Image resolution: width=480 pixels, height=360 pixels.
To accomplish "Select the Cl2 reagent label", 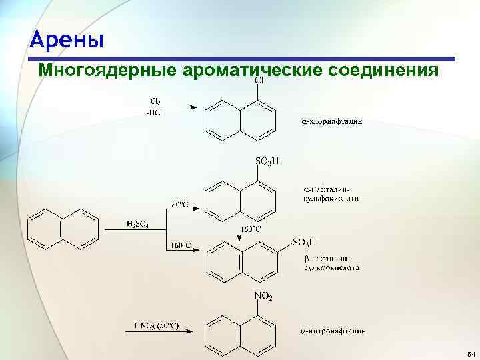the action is click(x=155, y=101).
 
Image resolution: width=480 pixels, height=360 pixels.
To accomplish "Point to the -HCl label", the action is click(x=154, y=112).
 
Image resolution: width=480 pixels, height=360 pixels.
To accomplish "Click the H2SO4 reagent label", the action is click(x=137, y=224).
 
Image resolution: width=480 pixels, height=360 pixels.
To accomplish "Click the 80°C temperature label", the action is click(x=180, y=205).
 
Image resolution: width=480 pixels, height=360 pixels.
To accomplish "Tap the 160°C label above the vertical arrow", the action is click(x=250, y=229).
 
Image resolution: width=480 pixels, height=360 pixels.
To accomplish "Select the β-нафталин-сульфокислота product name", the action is click(x=331, y=263).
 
